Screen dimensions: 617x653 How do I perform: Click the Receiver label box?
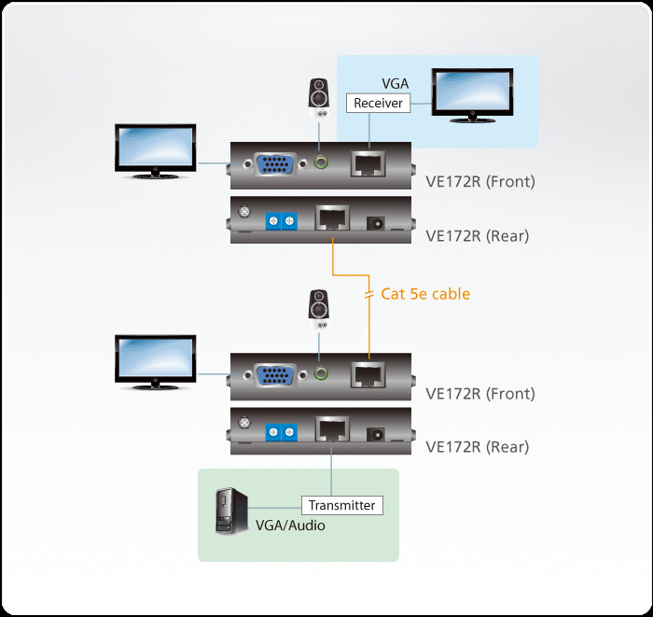(x=378, y=103)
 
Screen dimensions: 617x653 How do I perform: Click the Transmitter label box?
(x=341, y=505)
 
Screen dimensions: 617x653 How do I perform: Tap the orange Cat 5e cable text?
(x=425, y=294)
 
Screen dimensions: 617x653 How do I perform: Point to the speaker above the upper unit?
(x=321, y=96)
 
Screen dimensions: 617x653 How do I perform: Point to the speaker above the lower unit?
(x=321, y=308)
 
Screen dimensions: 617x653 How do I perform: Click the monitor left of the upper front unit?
(x=154, y=150)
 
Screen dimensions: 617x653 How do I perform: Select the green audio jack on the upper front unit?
(x=323, y=164)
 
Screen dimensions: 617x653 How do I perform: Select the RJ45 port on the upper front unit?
(x=369, y=165)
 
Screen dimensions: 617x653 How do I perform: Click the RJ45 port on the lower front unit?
(x=369, y=375)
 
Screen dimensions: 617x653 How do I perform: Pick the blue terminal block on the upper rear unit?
(x=281, y=221)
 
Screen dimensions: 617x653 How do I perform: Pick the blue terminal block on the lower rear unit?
(x=281, y=431)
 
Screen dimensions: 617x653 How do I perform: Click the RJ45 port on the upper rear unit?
(x=331, y=220)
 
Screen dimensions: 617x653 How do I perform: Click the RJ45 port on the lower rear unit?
(x=331, y=430)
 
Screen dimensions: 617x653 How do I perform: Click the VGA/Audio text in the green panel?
(x=290, y=526)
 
